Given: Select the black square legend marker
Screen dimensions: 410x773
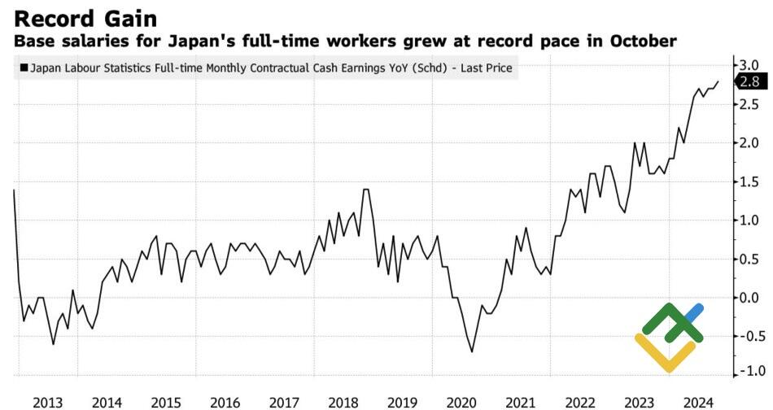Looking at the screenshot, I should [x=24, y=69].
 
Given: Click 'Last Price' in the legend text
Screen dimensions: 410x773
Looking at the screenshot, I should [x=486, y=69].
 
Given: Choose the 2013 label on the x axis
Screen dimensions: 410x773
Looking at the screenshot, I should [x=48, y=401].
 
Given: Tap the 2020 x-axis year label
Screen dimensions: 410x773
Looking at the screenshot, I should [x=461, y=401].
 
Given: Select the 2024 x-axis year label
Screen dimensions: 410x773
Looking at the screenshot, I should [x=699, y=401].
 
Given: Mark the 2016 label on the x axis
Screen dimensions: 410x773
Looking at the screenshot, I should [x=225, y=401].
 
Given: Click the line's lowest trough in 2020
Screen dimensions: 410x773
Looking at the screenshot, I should [x=472, y=351].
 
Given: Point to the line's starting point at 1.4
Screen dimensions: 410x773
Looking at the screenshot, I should [x=15, y=190].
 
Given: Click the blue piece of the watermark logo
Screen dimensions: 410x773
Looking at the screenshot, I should [x=693, y=314].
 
